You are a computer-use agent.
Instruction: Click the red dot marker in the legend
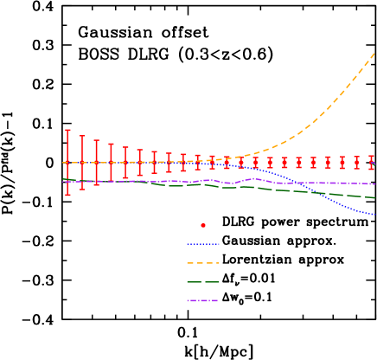tap(203, 225)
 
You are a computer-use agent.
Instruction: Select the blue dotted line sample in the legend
tap(203, 244)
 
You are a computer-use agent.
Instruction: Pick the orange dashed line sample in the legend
tap(203, 263)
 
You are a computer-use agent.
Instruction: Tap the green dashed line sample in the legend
tap(203, 282)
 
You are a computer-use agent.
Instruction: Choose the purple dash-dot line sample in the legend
tap(203, 300)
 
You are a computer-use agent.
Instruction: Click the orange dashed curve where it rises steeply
tap(337, 100)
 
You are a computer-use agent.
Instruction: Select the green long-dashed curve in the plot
tap(173, 184)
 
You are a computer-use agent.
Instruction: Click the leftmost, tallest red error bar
tap(67, 162)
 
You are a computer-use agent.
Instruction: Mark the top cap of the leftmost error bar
tap(67, 131)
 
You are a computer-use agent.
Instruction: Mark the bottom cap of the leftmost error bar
tap(67, 195)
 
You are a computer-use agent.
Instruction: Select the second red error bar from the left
tap(82, 162)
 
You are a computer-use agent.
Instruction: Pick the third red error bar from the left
tap(96, 162)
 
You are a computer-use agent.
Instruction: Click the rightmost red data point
tap(372, 162)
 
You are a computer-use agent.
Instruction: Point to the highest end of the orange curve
tap(374, 54)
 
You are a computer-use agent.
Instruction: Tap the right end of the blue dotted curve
tap(374, 214)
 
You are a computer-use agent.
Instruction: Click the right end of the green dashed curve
tap(374, 197)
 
